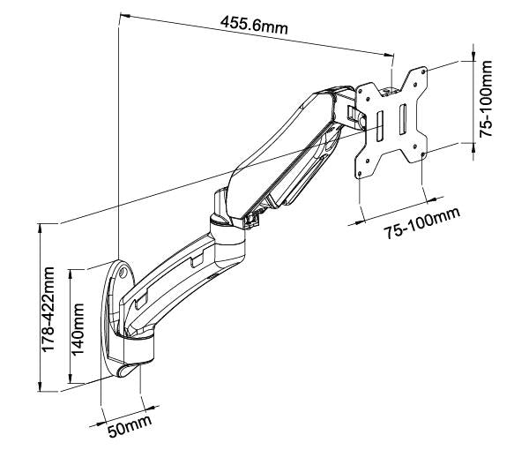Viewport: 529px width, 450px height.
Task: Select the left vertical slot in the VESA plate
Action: (377, 124)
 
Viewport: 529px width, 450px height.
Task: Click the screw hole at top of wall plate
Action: (121, 274)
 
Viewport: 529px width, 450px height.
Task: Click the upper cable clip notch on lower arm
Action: (197, 259)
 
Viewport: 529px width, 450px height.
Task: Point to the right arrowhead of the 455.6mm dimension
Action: (389, 54)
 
